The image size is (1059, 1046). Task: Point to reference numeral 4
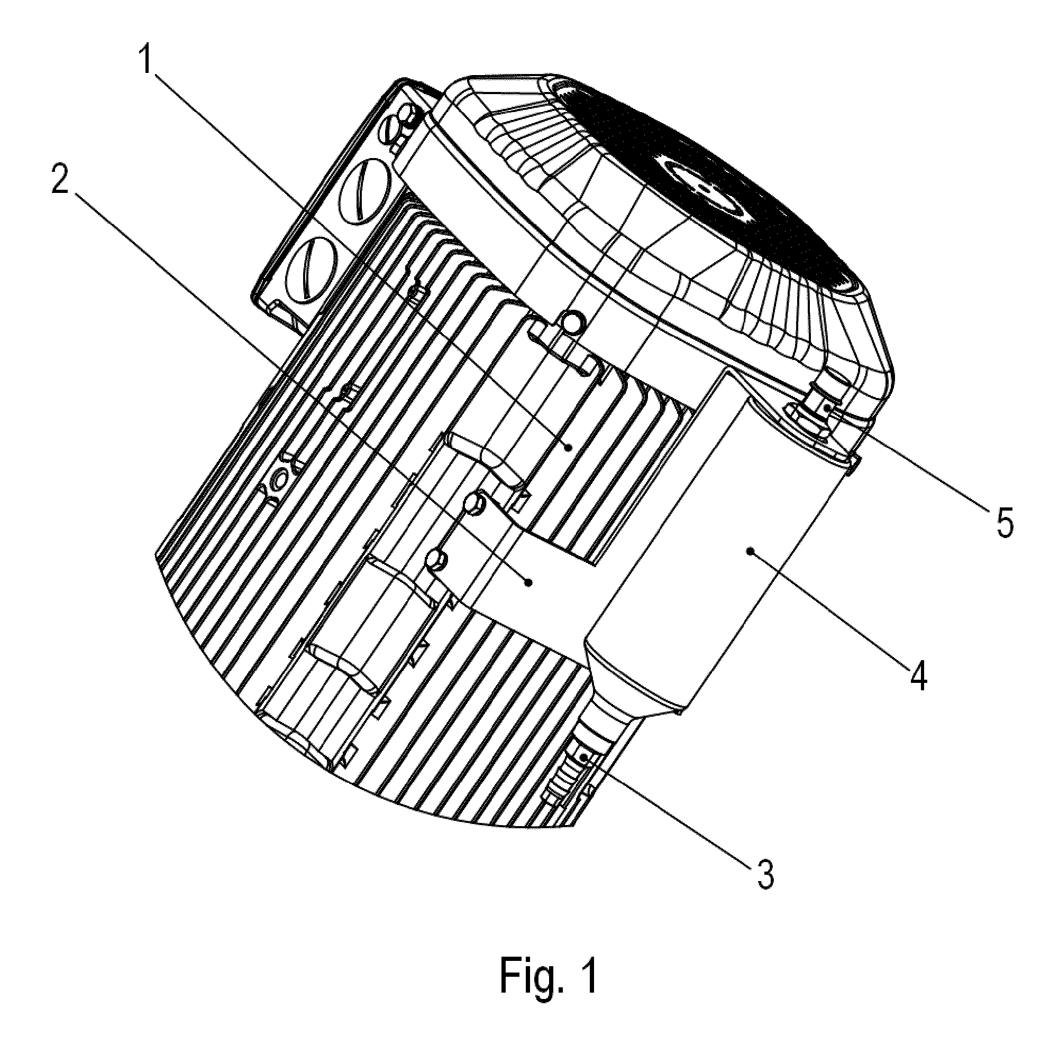[919, 678]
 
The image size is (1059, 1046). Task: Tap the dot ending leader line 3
[585, 757]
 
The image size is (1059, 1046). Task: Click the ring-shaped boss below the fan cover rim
[572, 323]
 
